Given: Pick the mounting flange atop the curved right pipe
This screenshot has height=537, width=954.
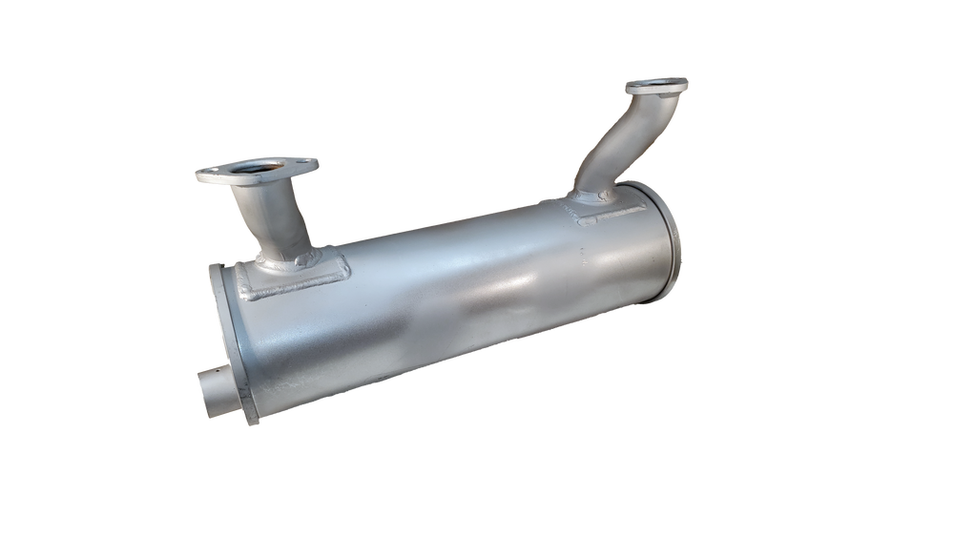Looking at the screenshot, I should click(657, 87).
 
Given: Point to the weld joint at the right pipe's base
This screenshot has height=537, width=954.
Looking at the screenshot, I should click(587, 196).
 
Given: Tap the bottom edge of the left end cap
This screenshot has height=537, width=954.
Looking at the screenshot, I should click(250, 423).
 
